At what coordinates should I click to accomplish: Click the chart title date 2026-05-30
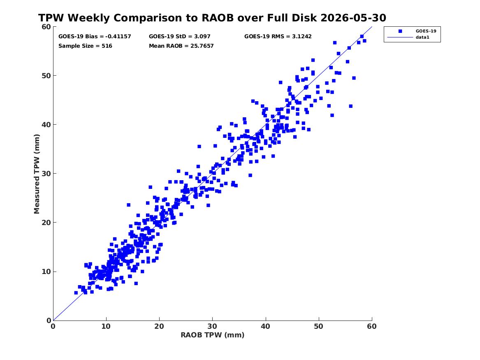353,18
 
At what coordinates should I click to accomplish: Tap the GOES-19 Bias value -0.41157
118,37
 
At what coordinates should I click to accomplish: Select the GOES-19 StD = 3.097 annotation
180,37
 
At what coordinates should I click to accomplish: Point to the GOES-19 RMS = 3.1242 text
278,37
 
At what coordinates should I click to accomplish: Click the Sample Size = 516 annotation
86,46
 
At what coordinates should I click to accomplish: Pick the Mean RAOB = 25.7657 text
181,46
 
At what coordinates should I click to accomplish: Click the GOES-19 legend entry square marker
400,31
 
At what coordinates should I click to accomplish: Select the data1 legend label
422,37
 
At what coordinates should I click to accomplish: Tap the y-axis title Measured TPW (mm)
37,174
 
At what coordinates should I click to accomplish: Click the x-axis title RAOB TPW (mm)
213,335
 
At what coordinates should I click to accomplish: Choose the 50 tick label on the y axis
46,76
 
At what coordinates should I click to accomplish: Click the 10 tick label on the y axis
46,272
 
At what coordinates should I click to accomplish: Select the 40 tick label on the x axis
265,326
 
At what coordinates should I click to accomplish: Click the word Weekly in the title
88,18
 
